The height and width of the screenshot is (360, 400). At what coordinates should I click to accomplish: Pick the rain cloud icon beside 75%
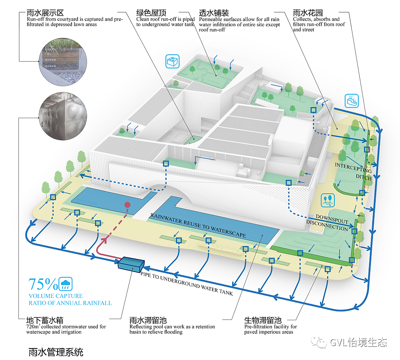[66, 284]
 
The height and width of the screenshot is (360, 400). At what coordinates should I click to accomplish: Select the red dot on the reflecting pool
[127, 205]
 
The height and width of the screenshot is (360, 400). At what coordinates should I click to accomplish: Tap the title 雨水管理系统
[56, 352]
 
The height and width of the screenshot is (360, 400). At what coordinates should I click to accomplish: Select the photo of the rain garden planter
[63, 61]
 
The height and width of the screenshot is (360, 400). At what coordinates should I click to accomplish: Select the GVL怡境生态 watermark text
[358, 342]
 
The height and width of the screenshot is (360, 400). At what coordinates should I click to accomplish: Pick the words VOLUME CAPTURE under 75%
[56, 296]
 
